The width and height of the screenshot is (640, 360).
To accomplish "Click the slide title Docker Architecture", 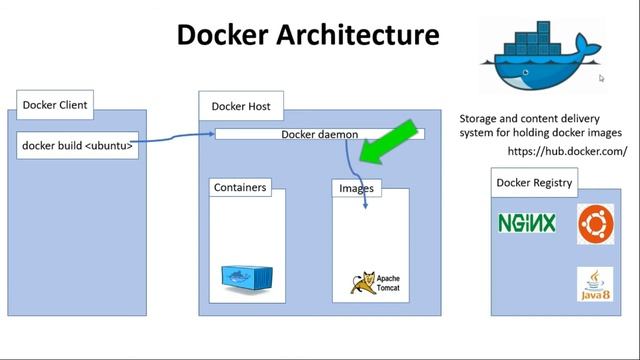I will point(308,36).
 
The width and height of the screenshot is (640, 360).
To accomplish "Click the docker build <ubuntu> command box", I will point(78,145).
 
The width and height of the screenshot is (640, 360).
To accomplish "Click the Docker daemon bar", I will point(319,134).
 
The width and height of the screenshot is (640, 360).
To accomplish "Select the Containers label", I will point(239,187).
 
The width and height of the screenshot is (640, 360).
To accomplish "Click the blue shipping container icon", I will point(245,278).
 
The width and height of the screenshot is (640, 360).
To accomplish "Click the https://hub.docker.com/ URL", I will point(567,151).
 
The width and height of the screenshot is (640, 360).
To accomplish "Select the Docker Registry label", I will point(534,183).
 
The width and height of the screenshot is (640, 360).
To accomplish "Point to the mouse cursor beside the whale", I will point(602,78).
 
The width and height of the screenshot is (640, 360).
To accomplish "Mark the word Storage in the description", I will point(481,116).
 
